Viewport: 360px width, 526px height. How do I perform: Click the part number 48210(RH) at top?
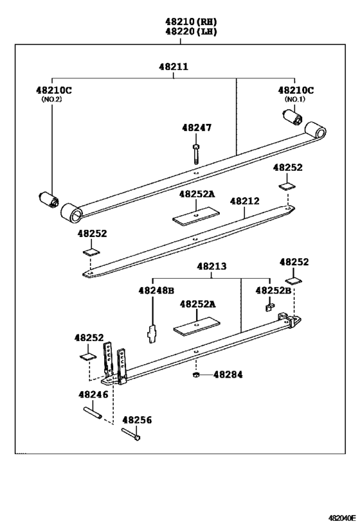pyautogui.click(x=181, y=21)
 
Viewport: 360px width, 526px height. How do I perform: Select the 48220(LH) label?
pyautogui.click(x=181, y=31)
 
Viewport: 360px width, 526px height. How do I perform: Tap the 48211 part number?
pyautogui.click(x=174, y=66)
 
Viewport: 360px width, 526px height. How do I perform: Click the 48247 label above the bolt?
pyautogui.click(x=196, y=128)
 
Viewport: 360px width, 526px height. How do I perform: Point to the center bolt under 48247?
pyautogui.click(x=195, y=154)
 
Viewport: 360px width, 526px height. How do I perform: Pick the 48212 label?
pyautogui.click(x=245, y=201)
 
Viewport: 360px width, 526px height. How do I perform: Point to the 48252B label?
pyautogui.click(x=273, y=290)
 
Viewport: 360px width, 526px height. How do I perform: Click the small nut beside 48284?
pyautogui.click(x=195, y=374)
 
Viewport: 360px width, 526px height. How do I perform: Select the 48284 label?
pyautogui.click(x=228, y=374)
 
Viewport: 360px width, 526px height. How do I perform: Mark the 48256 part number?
pyautogui.click(x=137, y=419)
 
